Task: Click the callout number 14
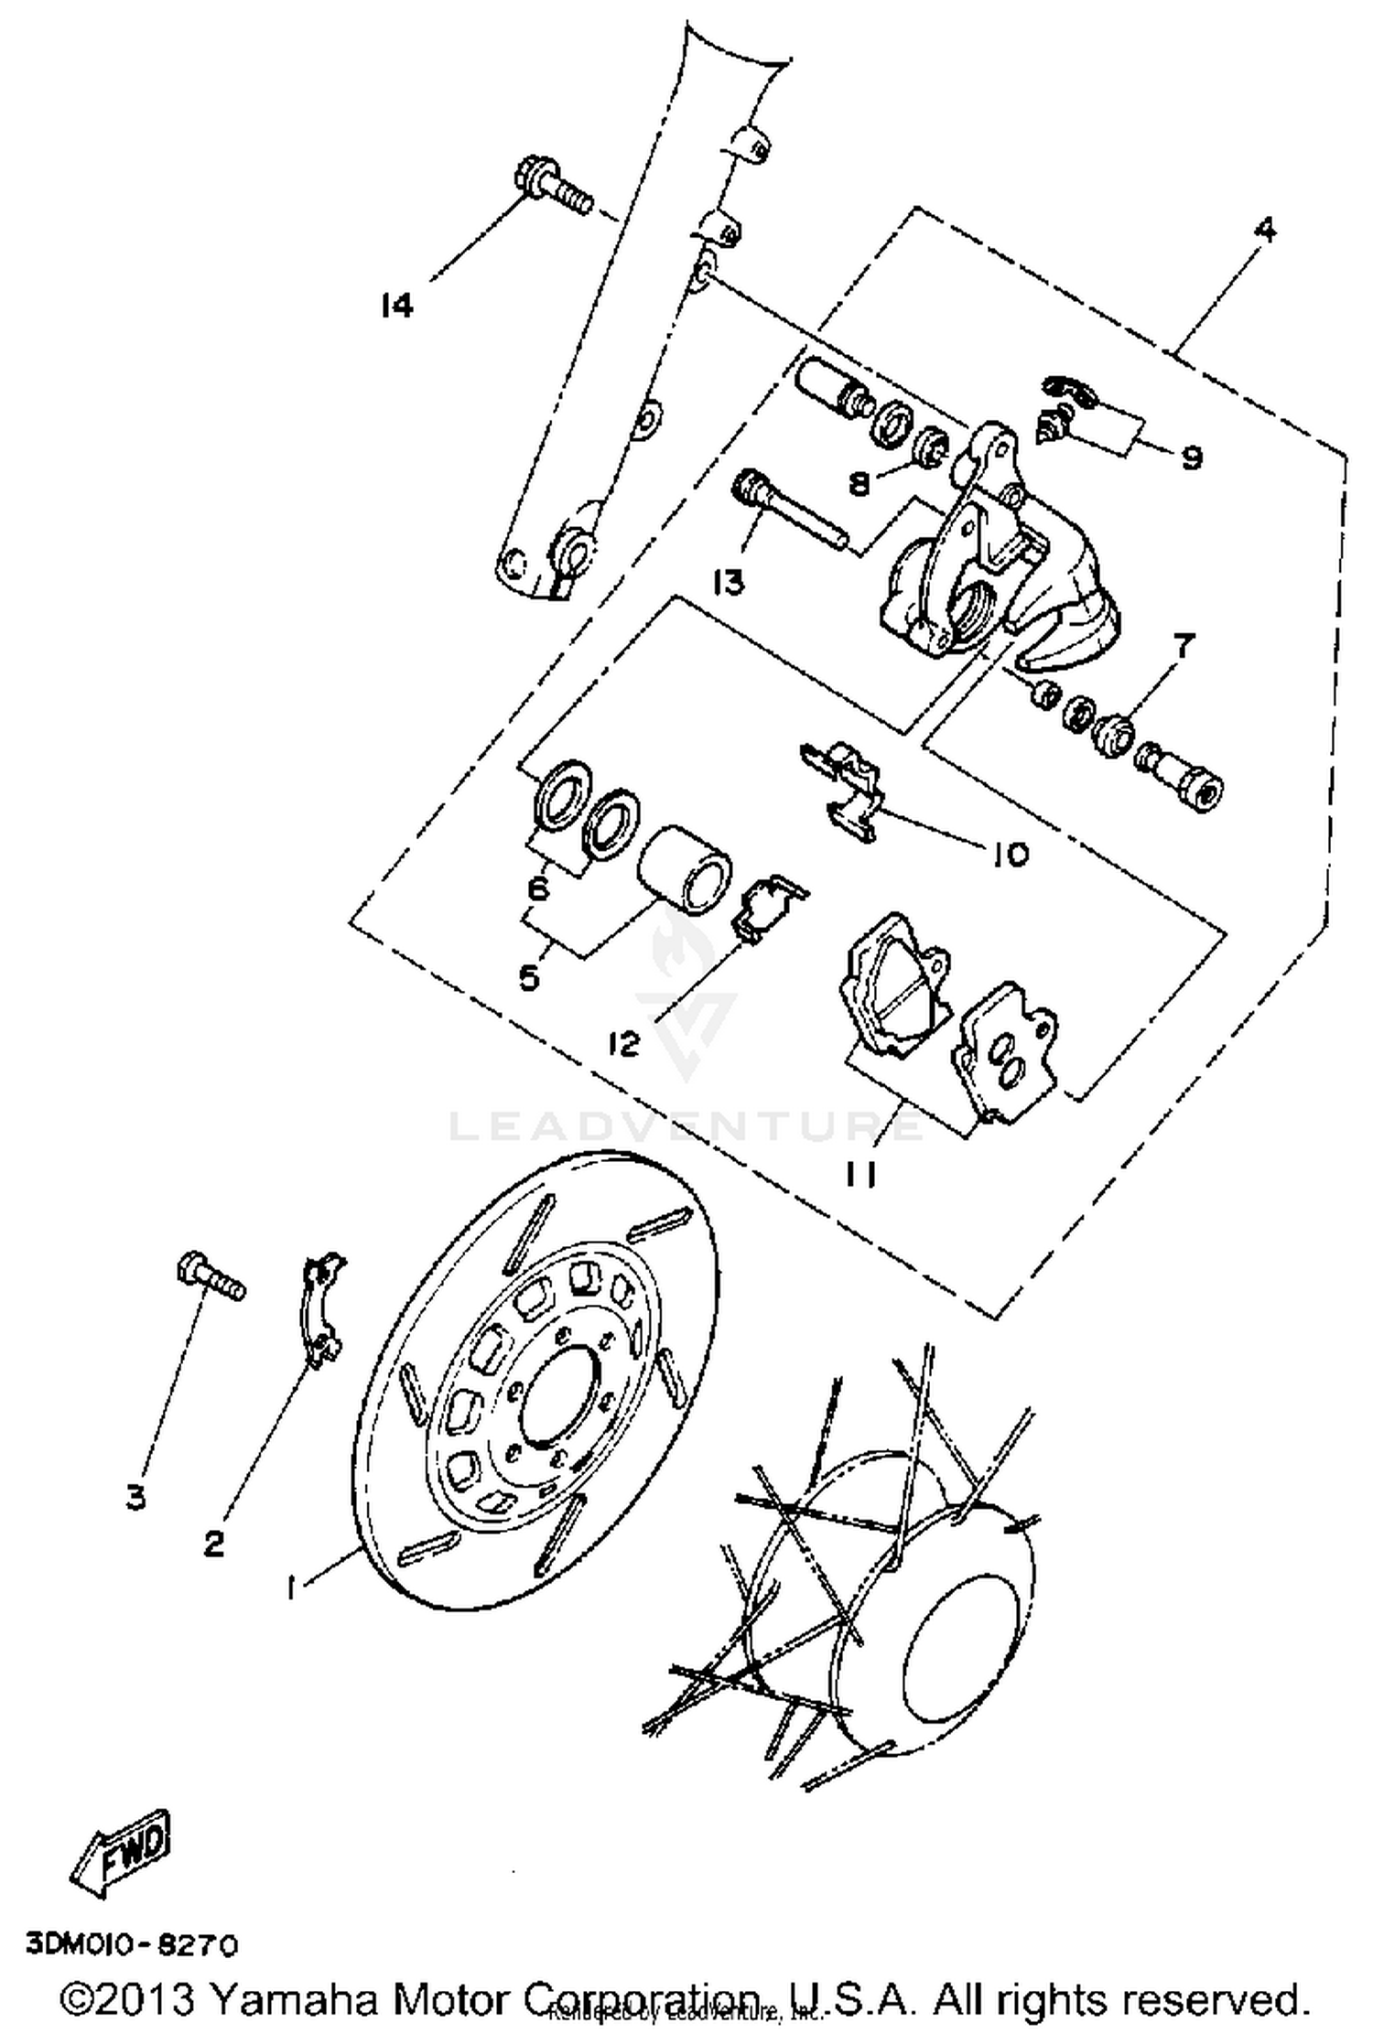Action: click(396, 305)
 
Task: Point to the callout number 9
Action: click(1191, 457)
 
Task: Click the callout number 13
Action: click(730, 582)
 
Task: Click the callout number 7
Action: click(1184, 647)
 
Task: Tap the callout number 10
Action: click(1008, 854)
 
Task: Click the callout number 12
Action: click(624, 1042)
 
